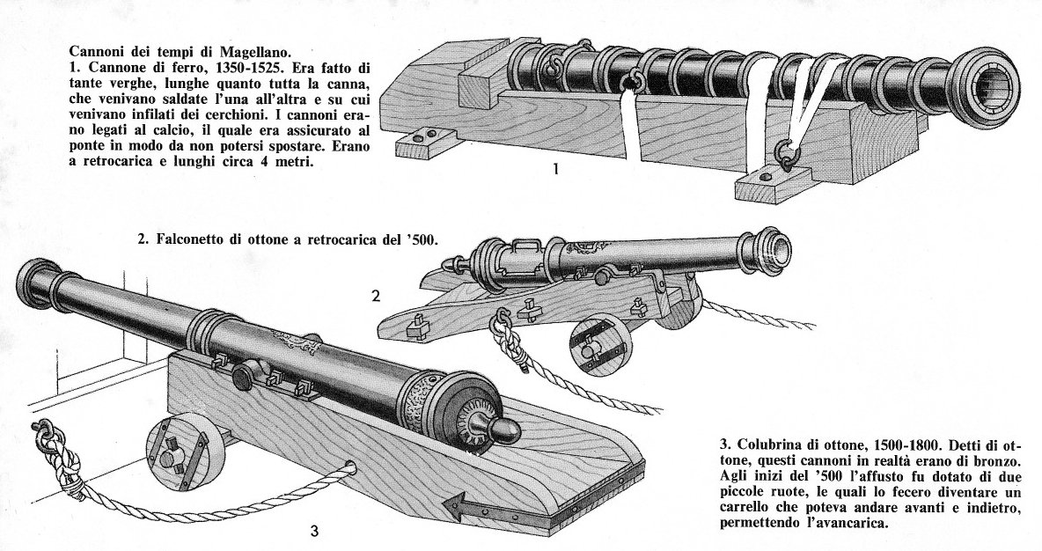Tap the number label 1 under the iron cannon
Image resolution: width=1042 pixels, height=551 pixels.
point(555,170)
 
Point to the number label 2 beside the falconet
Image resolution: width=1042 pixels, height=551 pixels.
point(376,297)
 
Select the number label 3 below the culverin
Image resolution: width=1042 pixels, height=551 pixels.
point(314,531)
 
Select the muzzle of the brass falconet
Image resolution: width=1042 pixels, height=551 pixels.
point(774,250)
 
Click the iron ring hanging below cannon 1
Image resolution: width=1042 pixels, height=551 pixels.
point(786,155)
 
